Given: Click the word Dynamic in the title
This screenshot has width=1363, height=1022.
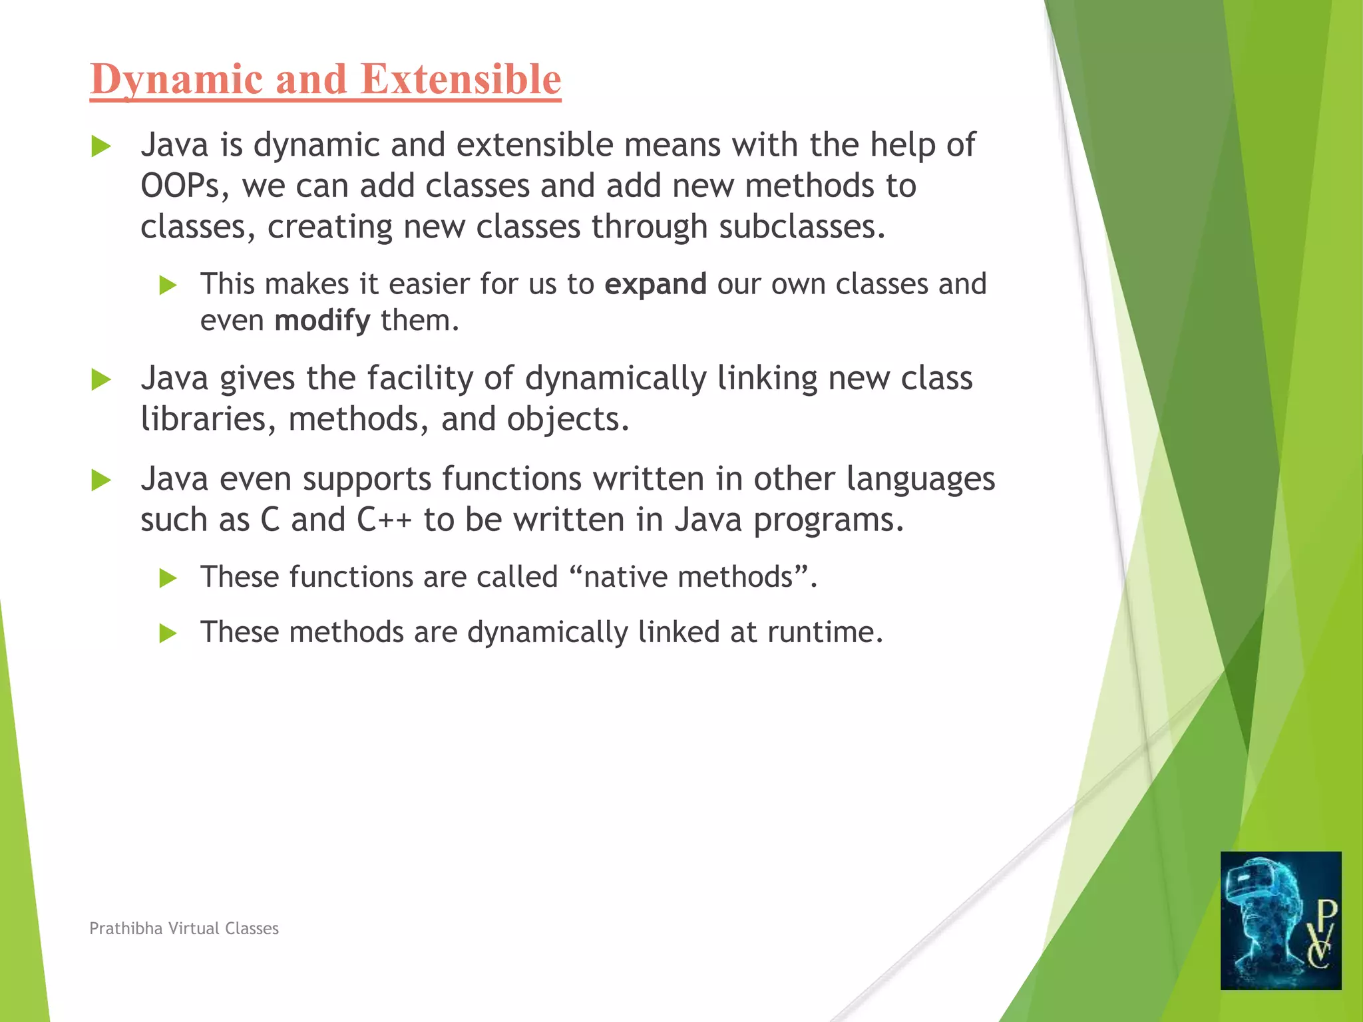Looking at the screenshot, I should [176, 80].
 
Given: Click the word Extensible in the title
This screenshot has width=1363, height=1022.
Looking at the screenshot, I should [461, 80].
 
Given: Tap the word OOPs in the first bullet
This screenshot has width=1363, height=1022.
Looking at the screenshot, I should [179, 186].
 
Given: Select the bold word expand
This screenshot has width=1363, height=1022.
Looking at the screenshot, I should [655, 284].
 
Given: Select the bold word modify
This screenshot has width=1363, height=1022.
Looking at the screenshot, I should [322, 321].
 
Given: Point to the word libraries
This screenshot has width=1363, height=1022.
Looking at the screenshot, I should [203, 419].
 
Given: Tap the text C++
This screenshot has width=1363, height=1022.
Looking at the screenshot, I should [384, 520].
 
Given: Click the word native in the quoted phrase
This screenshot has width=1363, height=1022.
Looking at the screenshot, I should [626, 577].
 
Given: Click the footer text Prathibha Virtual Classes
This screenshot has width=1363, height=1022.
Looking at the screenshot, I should [184, 928].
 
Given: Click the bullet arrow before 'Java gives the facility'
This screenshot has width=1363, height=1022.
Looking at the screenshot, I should [101, 380].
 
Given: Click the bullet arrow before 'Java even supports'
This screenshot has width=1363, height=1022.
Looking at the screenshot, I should [101, 480].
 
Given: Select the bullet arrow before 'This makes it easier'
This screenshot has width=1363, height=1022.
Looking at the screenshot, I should [168, 286].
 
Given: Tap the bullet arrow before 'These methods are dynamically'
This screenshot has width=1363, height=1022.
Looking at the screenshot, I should [168, 633].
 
